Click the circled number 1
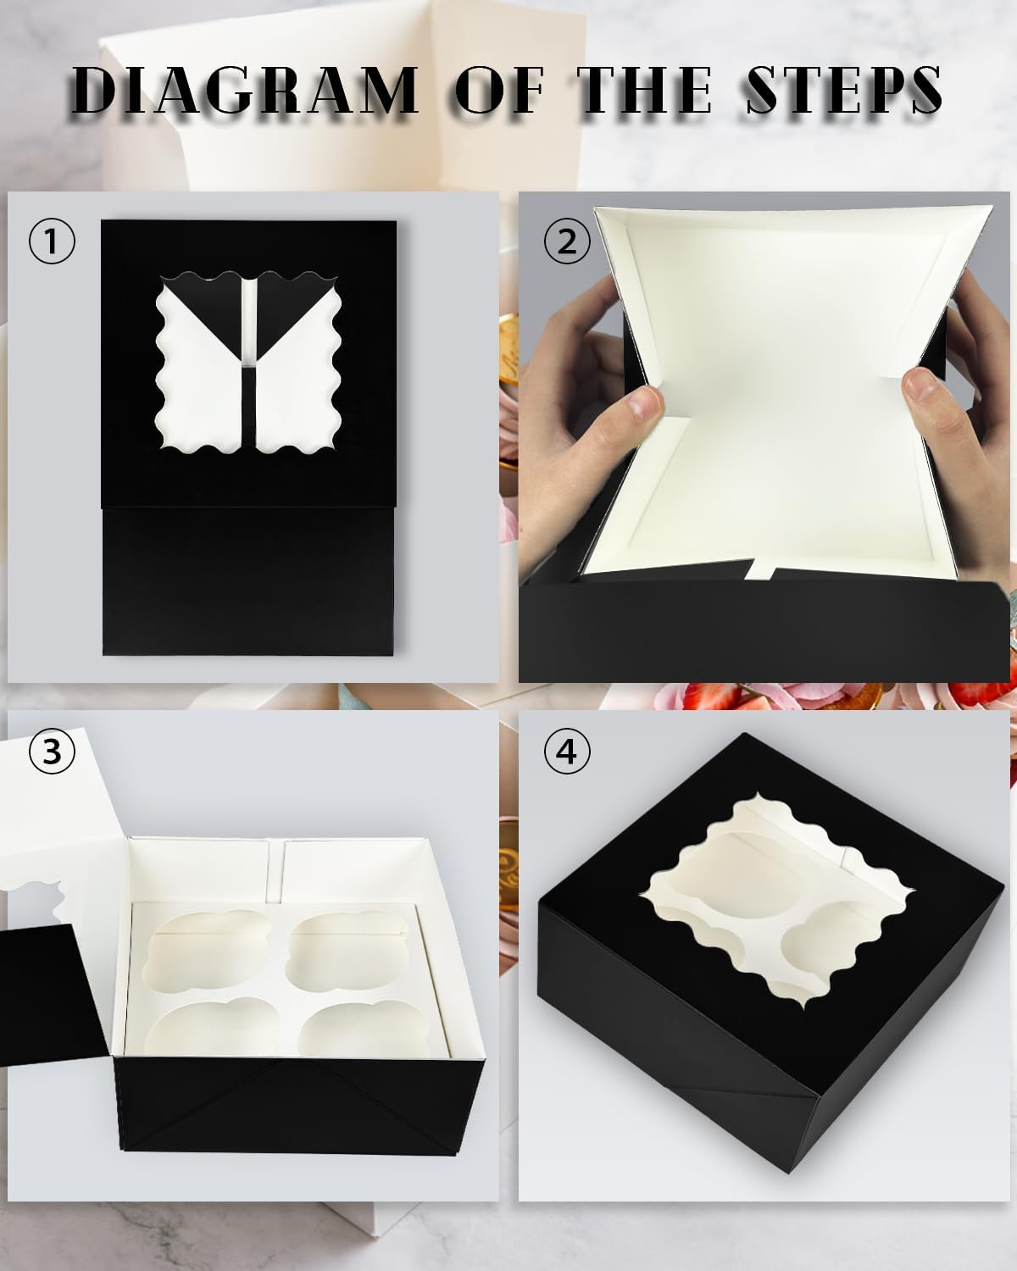[53, 242]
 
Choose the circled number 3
[53, 751]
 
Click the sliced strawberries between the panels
[729, 700]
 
